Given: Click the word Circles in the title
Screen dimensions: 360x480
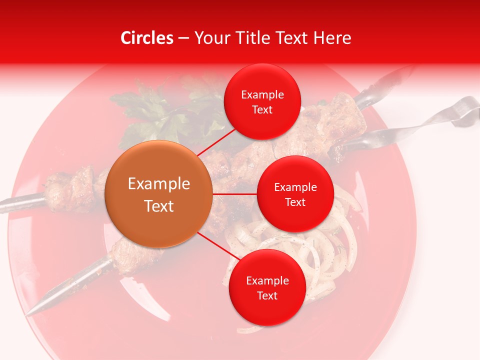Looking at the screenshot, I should click(147, 38).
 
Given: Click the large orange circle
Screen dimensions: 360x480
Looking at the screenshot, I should click(159, 194).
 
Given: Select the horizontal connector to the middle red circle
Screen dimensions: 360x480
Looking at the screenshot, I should click(235, 194).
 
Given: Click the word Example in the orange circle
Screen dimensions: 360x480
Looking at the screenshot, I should click(159, 183).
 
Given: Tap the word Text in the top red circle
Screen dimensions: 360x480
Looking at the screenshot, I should click(262, 110).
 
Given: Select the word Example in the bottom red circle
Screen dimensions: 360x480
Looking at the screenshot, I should click(267, 280).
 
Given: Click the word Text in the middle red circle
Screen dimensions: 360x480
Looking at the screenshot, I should click(295, 202).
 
